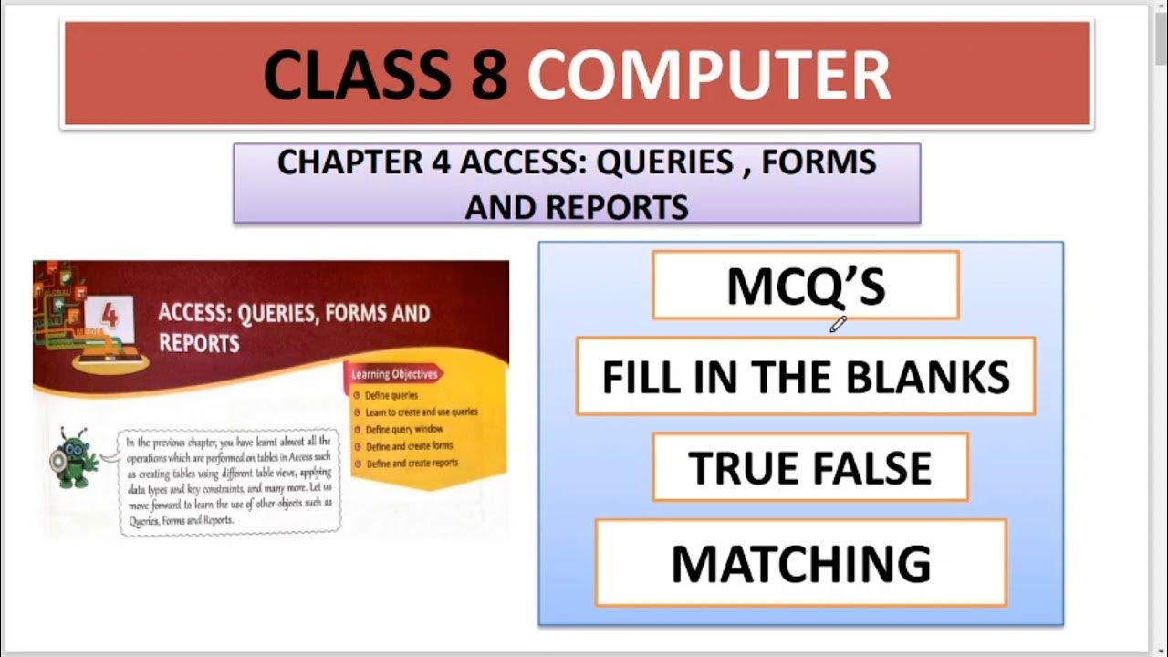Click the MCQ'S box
(x=805, y=286)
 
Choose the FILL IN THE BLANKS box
(x=805, y=376)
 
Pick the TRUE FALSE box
(x=809, y=467)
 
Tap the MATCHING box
(x=800, y=563)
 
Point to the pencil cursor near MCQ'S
(x=838, y=323)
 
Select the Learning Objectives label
(x=394, y=374)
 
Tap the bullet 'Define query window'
(x=403, y=429)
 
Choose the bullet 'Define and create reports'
(x=411, y=464)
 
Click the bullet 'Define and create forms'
(x=408, y=446)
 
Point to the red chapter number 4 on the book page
(x=109, y=316)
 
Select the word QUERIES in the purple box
(x=664, y=162)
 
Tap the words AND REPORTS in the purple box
(x=576, y=207)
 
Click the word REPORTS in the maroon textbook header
(x=199, y=343)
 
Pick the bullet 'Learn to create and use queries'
(x=421, y=412)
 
